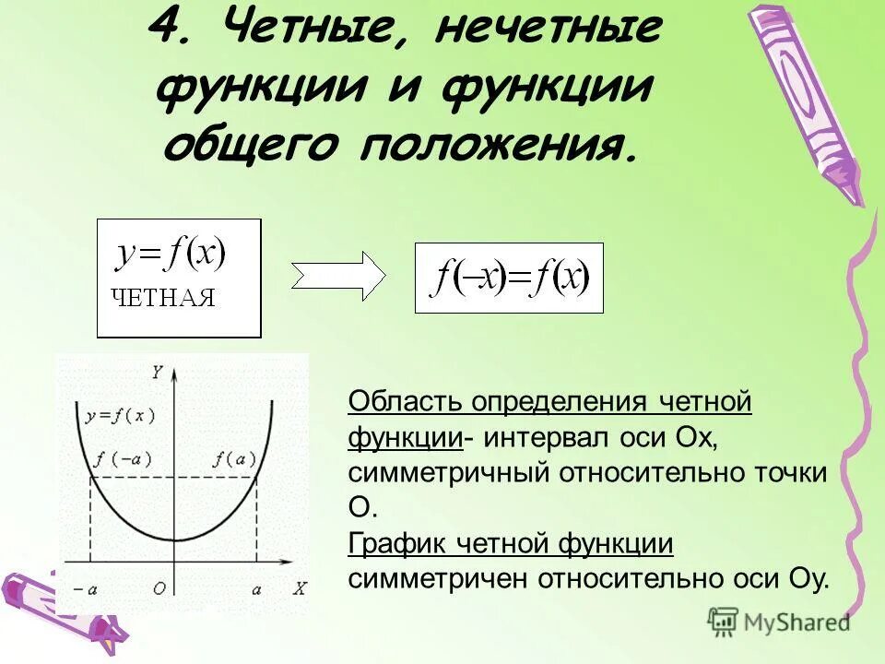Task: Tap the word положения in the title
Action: click(499, 145)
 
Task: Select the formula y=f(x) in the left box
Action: click(171, 254)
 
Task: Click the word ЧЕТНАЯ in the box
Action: click(162, 297)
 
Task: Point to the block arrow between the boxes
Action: click(338, 276)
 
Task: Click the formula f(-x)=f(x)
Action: click(510, 278)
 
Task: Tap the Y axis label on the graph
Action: click(158, 373)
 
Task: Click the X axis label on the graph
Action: click(299, 587)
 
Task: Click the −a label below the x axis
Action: click(85, 587)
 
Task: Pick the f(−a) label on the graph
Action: click(123, 458)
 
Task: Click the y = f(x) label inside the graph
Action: click(121, 416)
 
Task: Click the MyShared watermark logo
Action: click(778, 622)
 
